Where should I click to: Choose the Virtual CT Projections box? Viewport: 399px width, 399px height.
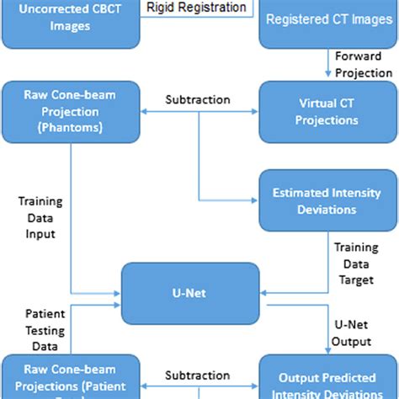click(x=327, y=112)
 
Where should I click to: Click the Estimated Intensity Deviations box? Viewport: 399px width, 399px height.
click(x=327, y=200)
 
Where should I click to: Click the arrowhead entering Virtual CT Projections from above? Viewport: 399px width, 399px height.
click(x=327, y=78)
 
